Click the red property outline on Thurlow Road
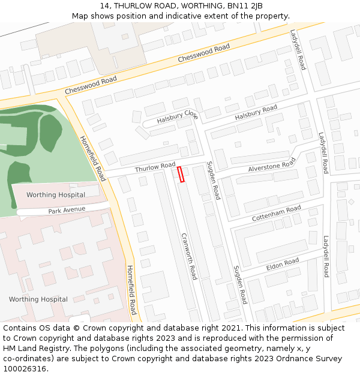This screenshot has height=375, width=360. pyautogui.click(x=181, y=174)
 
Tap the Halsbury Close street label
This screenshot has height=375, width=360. pyautogui.click(x=177, y=117)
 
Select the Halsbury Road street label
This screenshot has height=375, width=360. pyautogui.click(x=256, y=112)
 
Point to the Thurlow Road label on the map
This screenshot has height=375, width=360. pyautogui.click(x=155, y=167)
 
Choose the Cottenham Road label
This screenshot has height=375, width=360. pyautogui.click(x=277, y=212)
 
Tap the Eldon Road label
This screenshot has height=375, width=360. pyautogui.click(x=283, y=263)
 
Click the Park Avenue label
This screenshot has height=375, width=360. pyautogui.click(x=67, y=210)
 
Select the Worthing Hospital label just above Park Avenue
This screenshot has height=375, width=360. pyautogui.click(x=56, y=194)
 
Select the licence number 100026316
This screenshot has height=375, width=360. pyautogui.click(x=25, y=369)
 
